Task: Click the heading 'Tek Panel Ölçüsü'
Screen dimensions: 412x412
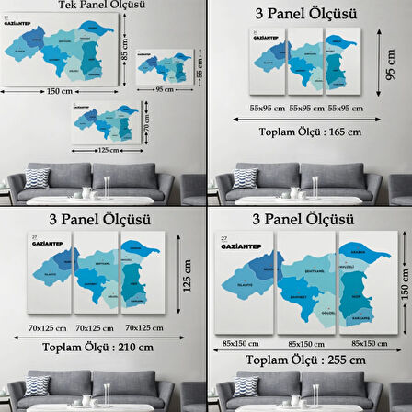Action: click(100, 6)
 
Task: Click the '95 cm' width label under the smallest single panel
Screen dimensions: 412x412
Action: click(165, 90)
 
